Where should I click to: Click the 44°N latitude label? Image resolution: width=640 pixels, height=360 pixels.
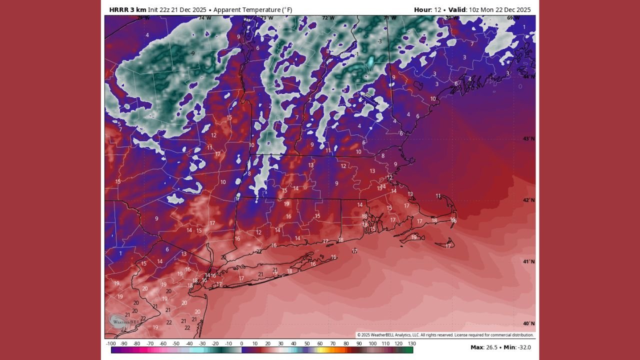[528, 76]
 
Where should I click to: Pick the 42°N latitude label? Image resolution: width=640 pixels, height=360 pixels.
[528, 200]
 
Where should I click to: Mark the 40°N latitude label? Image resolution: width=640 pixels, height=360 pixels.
[528, 323]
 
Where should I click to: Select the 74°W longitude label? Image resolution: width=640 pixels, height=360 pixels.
[204, 18]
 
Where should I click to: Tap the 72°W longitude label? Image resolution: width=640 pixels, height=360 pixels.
[328, 18]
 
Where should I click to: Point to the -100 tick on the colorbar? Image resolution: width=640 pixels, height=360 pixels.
[111, 343]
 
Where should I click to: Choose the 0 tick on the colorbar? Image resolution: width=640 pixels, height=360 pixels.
[241, 343]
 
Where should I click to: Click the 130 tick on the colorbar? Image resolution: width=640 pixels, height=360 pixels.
[411, 343]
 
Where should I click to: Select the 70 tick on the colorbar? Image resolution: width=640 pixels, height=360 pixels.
[333, 343]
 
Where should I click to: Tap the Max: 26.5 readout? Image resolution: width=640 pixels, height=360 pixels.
[484, 347]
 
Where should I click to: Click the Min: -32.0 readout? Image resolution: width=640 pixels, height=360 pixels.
[517, 347]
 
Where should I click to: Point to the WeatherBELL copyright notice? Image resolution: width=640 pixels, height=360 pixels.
[445, 335]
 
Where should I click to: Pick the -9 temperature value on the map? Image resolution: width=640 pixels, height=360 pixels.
[192, 53]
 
